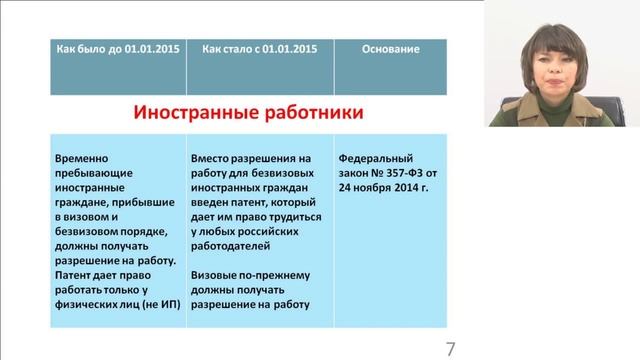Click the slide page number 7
click(x=451, y=348)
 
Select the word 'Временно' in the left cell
click(x=83, y=158)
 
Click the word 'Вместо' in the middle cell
click(x=210, y=158)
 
